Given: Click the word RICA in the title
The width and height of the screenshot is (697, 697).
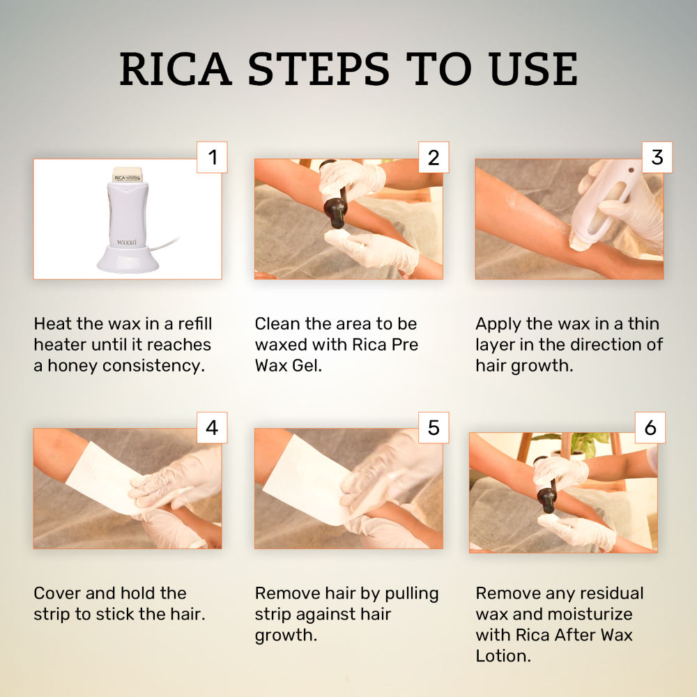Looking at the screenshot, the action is tap(176, 68).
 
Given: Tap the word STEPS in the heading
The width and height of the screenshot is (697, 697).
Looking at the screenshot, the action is tap(319, 68).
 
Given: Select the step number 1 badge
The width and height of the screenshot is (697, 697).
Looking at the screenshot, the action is tap(212, 157).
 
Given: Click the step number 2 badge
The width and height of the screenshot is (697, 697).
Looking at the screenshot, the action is tap(434, 157).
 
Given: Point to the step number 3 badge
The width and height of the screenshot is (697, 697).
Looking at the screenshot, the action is tap(657, 157).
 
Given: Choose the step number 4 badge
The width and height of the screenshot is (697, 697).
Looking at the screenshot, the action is tap(212, 428).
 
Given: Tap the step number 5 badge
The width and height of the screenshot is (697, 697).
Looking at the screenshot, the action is tap(434, 428).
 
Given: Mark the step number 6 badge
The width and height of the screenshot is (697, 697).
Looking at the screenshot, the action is tap(650, 428).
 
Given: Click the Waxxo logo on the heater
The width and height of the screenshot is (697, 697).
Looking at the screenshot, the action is tap(127, 243).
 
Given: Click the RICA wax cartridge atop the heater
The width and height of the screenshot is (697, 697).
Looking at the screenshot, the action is tap(128, 175).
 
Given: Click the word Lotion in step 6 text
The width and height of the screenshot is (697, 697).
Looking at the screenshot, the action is tap(503, 656).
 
